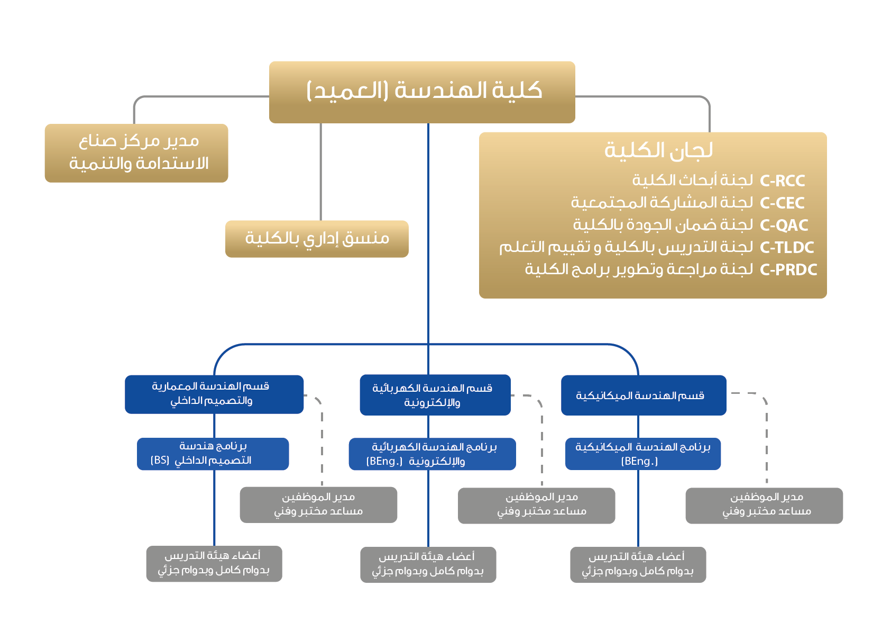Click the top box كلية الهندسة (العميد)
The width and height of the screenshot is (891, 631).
(422, 92)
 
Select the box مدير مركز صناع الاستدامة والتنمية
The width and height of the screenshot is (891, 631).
(136, 153)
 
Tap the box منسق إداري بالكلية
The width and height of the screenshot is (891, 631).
(317, 239)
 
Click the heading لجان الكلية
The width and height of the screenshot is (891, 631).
(658, 151)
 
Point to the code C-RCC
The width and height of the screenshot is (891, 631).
(782, 181)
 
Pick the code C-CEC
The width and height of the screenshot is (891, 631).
(782, 203)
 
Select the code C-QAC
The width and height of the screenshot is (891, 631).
(784, 226)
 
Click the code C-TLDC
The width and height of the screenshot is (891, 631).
(786, 248)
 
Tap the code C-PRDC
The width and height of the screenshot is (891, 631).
(788, 270)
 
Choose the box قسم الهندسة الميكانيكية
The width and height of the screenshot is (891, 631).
(643, 395)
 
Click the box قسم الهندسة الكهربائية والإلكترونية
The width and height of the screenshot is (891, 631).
(435, 395)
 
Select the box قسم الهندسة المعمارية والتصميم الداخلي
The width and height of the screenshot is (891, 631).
(214, 394)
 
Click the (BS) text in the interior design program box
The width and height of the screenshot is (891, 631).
(160, 461)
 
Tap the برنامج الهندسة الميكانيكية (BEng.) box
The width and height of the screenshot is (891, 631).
(642, 454)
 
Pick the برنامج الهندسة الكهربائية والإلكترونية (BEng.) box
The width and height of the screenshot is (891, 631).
(432, 454)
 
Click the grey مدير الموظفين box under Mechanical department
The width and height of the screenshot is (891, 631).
(764, 506)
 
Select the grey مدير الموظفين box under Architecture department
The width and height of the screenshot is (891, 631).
(318, 504)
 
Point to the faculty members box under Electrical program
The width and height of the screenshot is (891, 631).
(428, 564)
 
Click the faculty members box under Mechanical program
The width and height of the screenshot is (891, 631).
(638, 564)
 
